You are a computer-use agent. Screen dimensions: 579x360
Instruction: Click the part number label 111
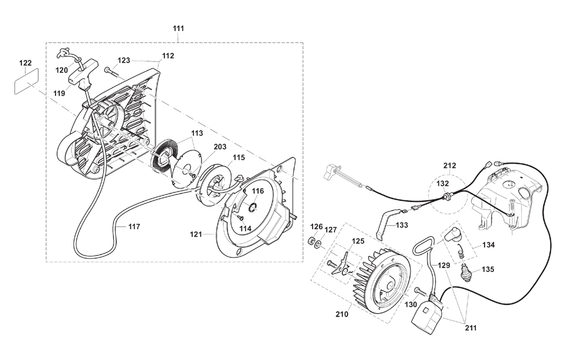[178, 28]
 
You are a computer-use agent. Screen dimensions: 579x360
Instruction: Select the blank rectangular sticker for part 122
[27, 81]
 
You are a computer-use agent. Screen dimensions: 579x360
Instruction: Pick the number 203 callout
[220, 147]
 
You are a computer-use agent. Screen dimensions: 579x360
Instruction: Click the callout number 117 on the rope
[134, 227]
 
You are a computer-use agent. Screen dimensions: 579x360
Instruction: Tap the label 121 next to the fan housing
[196, 234]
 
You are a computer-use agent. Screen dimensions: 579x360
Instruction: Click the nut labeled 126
[312, 241]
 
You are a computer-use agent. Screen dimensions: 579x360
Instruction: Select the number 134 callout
[489, 245]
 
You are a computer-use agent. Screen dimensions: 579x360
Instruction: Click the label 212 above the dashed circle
[449, 166]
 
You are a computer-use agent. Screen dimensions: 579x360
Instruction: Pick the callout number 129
[444, 266]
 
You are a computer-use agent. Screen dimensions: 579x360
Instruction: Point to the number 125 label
[358, 241]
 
